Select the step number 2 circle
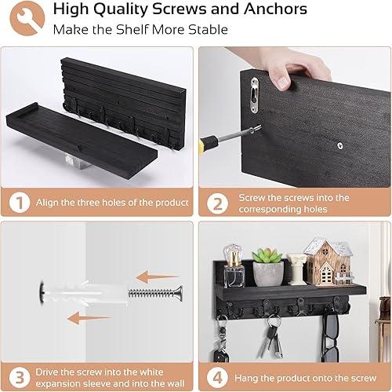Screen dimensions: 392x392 point(216,203)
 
